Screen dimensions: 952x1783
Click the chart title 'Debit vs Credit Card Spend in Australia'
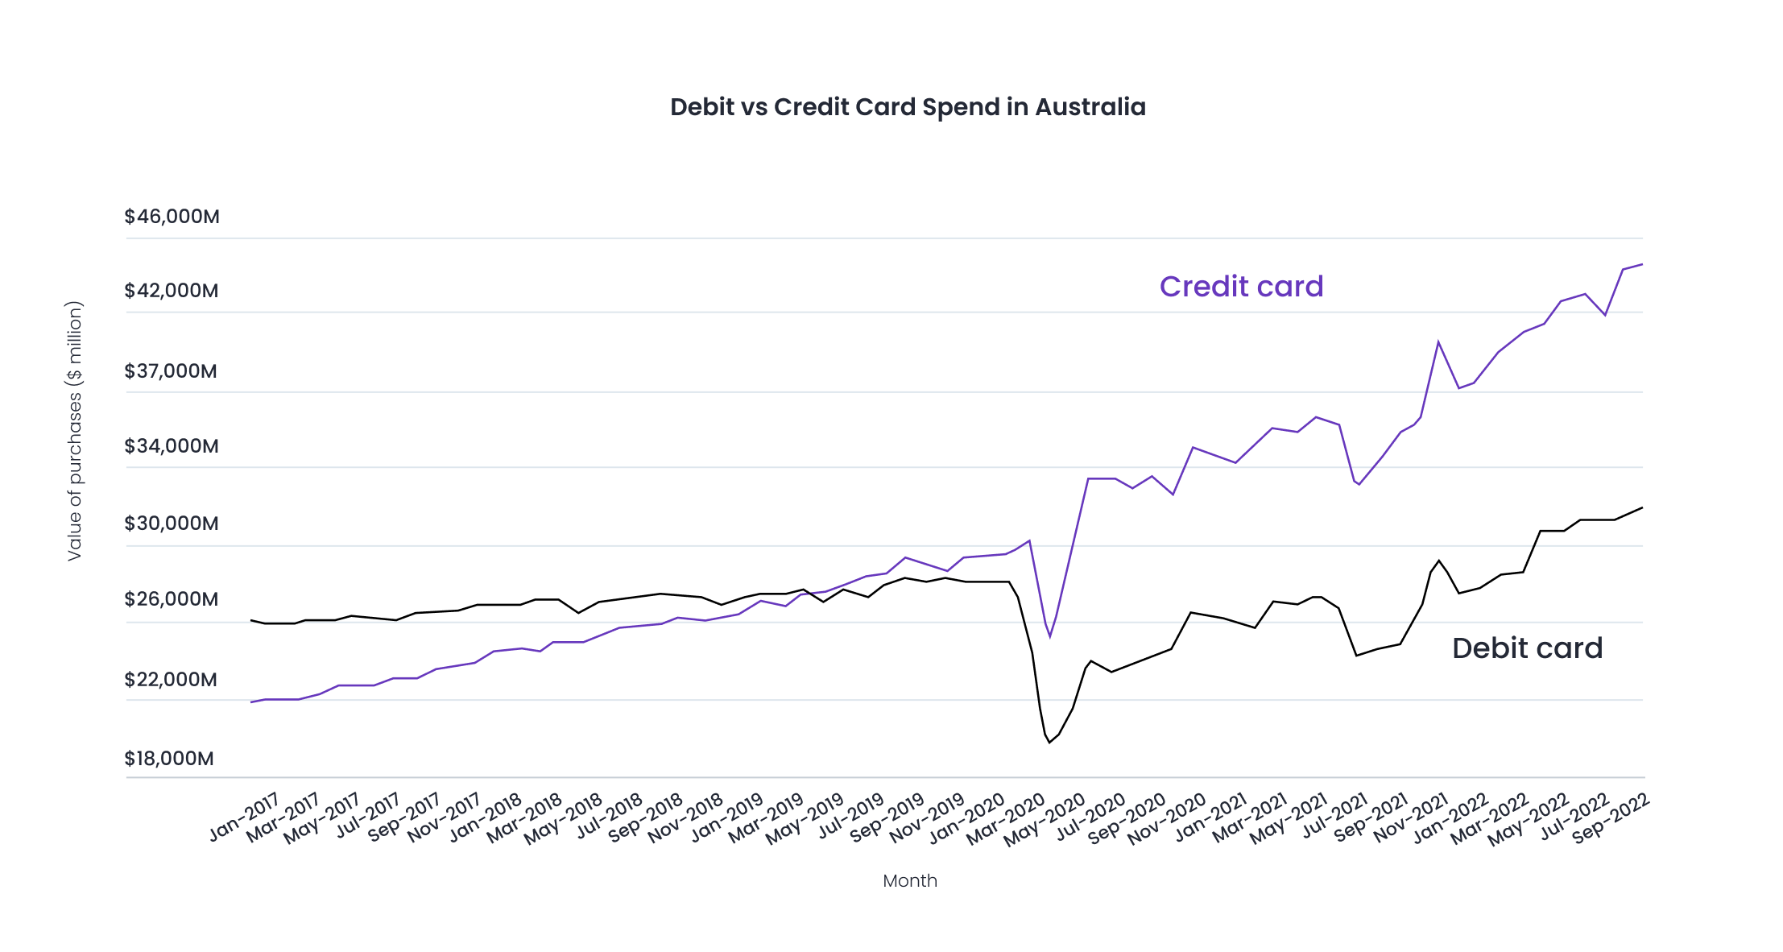[908, 107]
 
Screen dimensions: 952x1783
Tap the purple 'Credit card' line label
[1241, 287]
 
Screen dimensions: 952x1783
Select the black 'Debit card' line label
[1527, 648]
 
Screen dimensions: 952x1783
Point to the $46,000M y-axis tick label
[172, 217]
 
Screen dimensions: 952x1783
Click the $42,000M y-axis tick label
[171, 291]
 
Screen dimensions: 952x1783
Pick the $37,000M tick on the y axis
[170, 371]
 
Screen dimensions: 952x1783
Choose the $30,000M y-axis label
[171, 524]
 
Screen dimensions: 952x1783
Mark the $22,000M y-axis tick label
[170, 680]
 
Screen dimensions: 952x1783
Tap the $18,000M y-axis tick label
[168, 759]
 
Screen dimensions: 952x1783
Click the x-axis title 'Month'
[909, 881]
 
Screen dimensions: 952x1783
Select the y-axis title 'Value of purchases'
[74, 431]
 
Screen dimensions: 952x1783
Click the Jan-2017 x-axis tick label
[244, 817]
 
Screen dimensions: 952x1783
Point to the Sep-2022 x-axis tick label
[1610, 817]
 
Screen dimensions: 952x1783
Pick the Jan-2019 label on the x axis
[726, 817]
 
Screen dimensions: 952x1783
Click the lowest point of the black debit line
[1049, 743]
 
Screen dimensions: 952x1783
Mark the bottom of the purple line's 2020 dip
[1050, 638]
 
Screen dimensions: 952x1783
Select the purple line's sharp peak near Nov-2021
[1438, 342]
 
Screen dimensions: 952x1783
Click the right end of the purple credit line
[1641, 264]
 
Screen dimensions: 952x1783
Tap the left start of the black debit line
[252, 620]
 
